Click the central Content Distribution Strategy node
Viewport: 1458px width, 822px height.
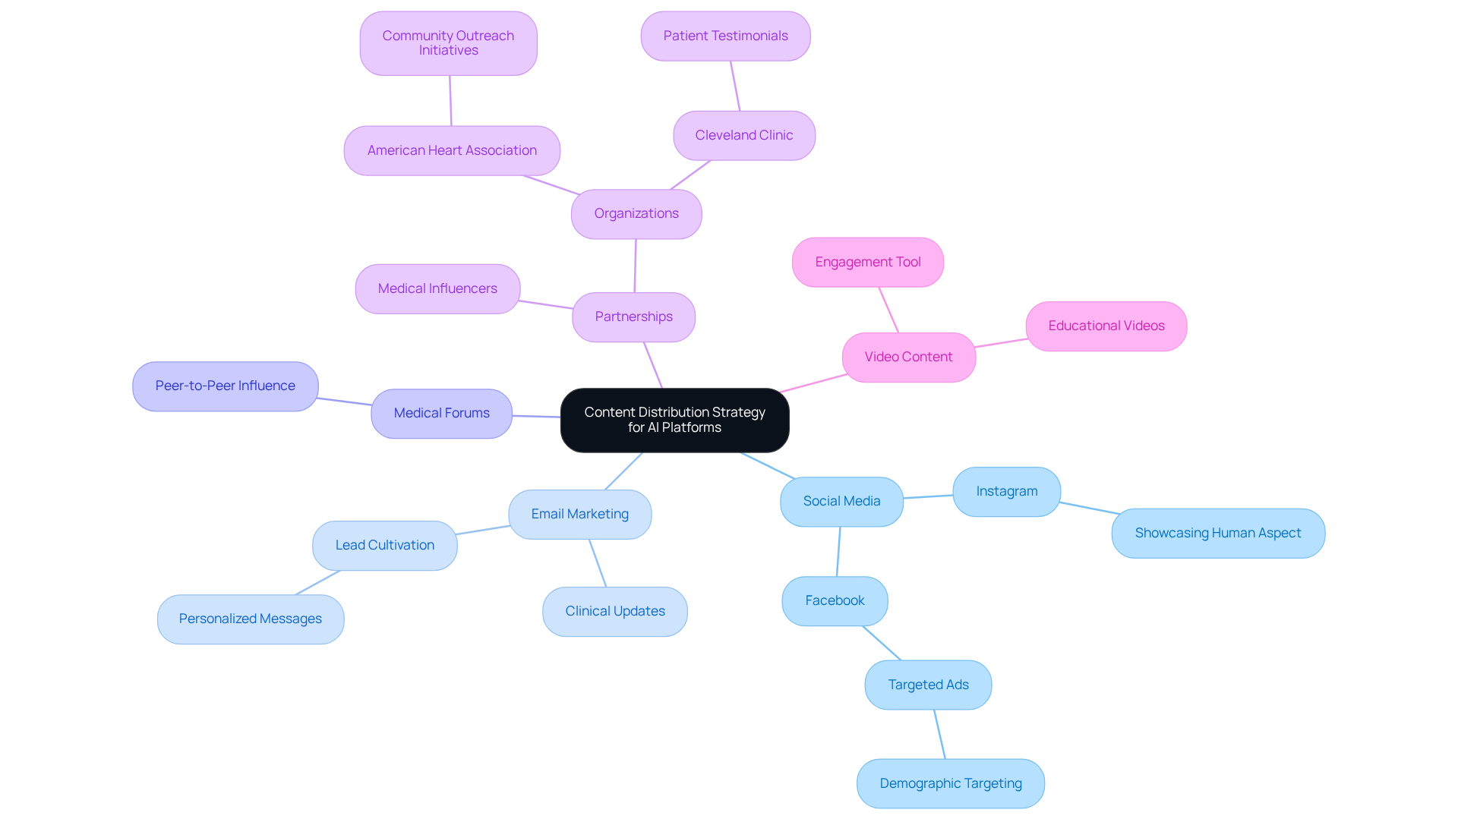(x=674, y=420)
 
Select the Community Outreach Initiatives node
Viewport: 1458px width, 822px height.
(x=448, y=43)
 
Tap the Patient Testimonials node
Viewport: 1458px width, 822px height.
(x=725, y=36)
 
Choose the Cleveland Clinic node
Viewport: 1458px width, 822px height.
(x=743, y=135)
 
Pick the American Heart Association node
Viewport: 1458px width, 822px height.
(x=452, y=150)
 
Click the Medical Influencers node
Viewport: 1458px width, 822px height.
(x=437, y=288)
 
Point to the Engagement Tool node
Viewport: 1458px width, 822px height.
(x=867, y=262)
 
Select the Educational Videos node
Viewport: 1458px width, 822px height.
(x=1106, y=326)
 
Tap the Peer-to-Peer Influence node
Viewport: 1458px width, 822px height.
(x=225, y=386)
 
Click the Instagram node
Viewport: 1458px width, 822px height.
(x=1006, y=491)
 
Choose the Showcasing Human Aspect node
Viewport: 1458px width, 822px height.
(x=1217, y=533)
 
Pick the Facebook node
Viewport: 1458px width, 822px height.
(x=835, y=600)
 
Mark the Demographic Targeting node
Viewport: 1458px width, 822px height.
(x=950, y=783)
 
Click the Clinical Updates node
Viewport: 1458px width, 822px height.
(x=614, y=611)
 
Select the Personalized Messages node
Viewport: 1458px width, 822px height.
(x=250, y=619)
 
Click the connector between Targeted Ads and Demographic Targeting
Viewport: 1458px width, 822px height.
(x=939, y=734)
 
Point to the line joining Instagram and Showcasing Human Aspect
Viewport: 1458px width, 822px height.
(x=1088, y=508)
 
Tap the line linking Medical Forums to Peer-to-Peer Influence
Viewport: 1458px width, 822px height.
(x=344, y=401)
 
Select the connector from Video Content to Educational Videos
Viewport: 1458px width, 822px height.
(x=1001, y=342)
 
